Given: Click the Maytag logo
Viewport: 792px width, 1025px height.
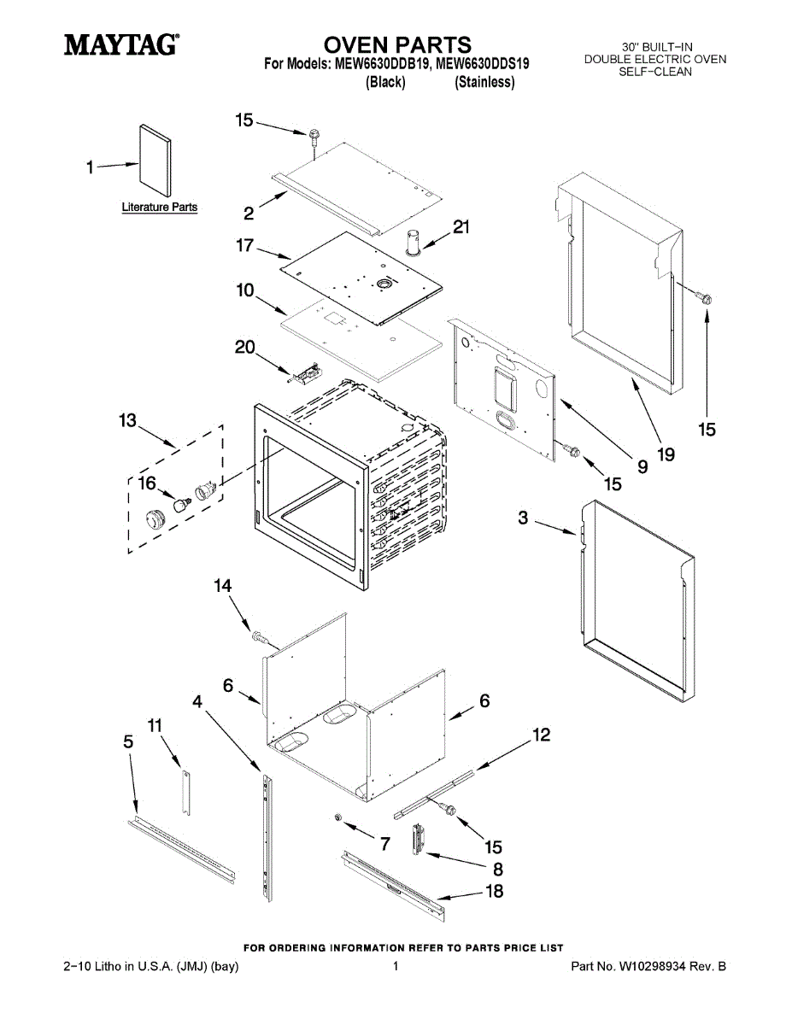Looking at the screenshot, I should [121, 44].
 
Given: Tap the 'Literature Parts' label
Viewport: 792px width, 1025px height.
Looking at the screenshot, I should [159, 207].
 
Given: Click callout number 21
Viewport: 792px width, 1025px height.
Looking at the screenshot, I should [461, 227].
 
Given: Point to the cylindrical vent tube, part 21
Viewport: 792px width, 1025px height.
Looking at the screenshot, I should [414, 242].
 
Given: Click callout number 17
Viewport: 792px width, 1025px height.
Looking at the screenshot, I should [245, 246].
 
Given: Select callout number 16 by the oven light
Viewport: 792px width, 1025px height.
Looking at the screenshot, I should [147, 483].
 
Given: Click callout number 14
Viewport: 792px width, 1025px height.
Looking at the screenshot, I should [223, 586].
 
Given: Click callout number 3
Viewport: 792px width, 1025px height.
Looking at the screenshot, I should [523, 518].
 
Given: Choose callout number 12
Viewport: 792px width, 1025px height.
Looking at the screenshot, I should [541, 735].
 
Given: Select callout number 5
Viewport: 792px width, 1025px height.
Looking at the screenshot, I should [128, 742].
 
